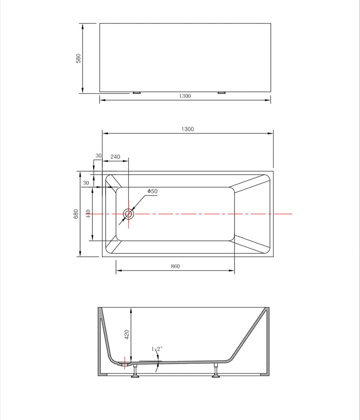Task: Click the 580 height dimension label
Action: click(78, 59)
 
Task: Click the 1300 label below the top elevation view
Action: click(184, 96)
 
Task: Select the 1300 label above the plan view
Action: click(188, 129)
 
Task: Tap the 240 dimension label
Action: click(115, 157)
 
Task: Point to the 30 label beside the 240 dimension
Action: click(99, 156)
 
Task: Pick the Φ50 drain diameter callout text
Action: click(152, 191)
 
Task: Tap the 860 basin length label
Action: click(175, 266)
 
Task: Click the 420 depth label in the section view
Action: click(127, 334)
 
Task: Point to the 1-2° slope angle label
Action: click(156, 349)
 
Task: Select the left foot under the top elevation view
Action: click(136, 92)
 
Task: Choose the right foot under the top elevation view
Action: click(221, 92)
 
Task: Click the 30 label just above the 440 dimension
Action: click(85, 183)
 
